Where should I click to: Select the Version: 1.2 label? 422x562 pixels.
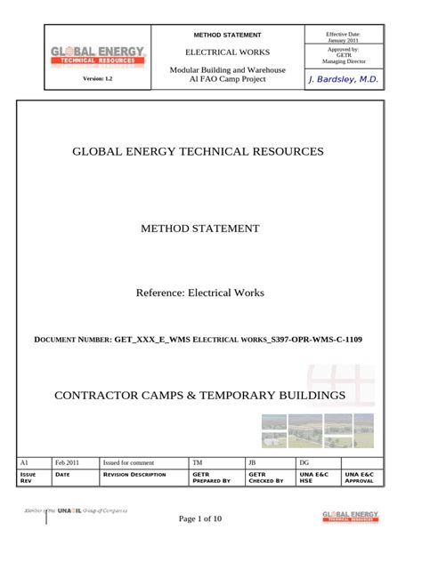coord(98,80)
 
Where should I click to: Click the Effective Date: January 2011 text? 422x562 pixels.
coord(343,36)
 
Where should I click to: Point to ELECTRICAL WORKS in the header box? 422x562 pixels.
coord(227,52)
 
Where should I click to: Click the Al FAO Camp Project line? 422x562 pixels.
coord(227,79)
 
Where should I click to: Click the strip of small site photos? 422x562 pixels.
coord(317,430)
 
